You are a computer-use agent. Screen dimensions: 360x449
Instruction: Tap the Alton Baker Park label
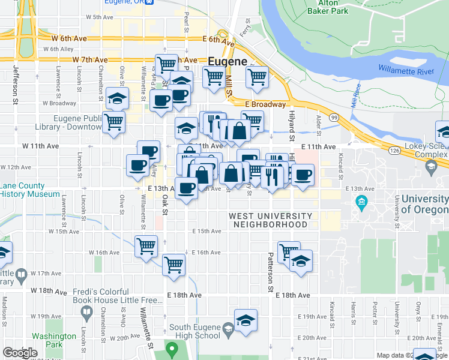point(327,7)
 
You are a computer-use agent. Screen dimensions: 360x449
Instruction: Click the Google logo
point(20,353)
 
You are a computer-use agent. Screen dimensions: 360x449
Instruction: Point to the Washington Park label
point(55,341)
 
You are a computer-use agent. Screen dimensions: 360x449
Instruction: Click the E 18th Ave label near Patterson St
point(292,295)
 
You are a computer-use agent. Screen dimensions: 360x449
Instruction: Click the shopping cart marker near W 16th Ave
point(146,245)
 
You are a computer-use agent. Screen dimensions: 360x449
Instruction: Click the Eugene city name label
point(228,62)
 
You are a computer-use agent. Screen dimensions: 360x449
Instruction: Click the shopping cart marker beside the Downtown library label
point(113,122)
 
